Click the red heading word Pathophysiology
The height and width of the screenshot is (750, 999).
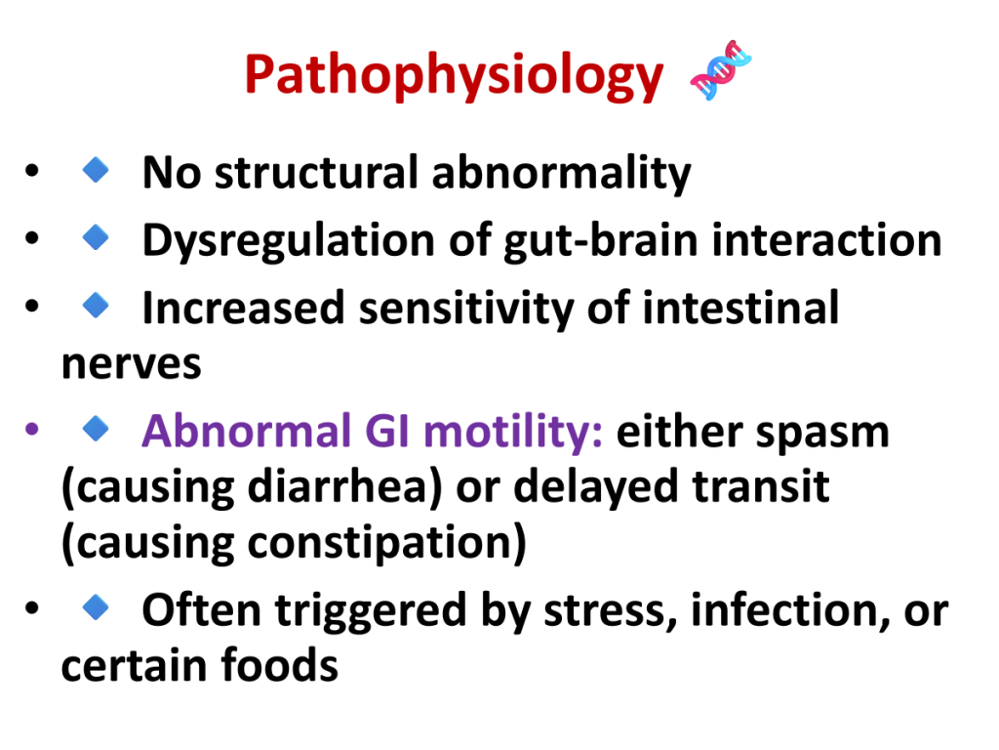coord(454,76)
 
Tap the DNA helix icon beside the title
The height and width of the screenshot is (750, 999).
coord(721,70)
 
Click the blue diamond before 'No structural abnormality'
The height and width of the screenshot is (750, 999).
coord(96,170)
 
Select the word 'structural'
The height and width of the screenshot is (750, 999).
coord(317,172)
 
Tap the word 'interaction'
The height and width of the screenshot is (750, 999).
coord(826,240)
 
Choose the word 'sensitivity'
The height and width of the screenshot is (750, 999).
coord(466,309)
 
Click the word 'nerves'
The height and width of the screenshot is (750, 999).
coord(132,365)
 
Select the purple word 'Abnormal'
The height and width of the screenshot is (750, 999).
coord(247,431)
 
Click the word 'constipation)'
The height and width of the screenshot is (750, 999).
coord(386,544)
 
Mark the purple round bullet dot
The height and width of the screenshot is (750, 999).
coord(32,429)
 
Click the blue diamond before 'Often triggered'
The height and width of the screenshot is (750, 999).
coord(96,606)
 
